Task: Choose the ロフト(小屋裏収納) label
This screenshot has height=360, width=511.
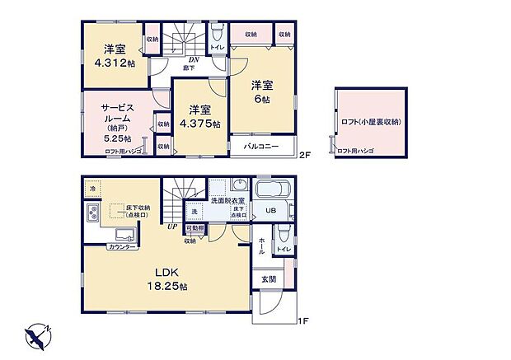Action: tap(371, 122)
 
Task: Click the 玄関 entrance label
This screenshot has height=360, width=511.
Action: tap(270, 279)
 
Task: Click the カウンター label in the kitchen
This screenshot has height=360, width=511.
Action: tap(122, 246)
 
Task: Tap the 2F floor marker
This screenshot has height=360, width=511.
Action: tap(304, 154)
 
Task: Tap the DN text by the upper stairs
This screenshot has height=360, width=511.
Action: tap(193, 59)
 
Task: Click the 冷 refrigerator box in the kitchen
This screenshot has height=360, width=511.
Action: tap(92, 189)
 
